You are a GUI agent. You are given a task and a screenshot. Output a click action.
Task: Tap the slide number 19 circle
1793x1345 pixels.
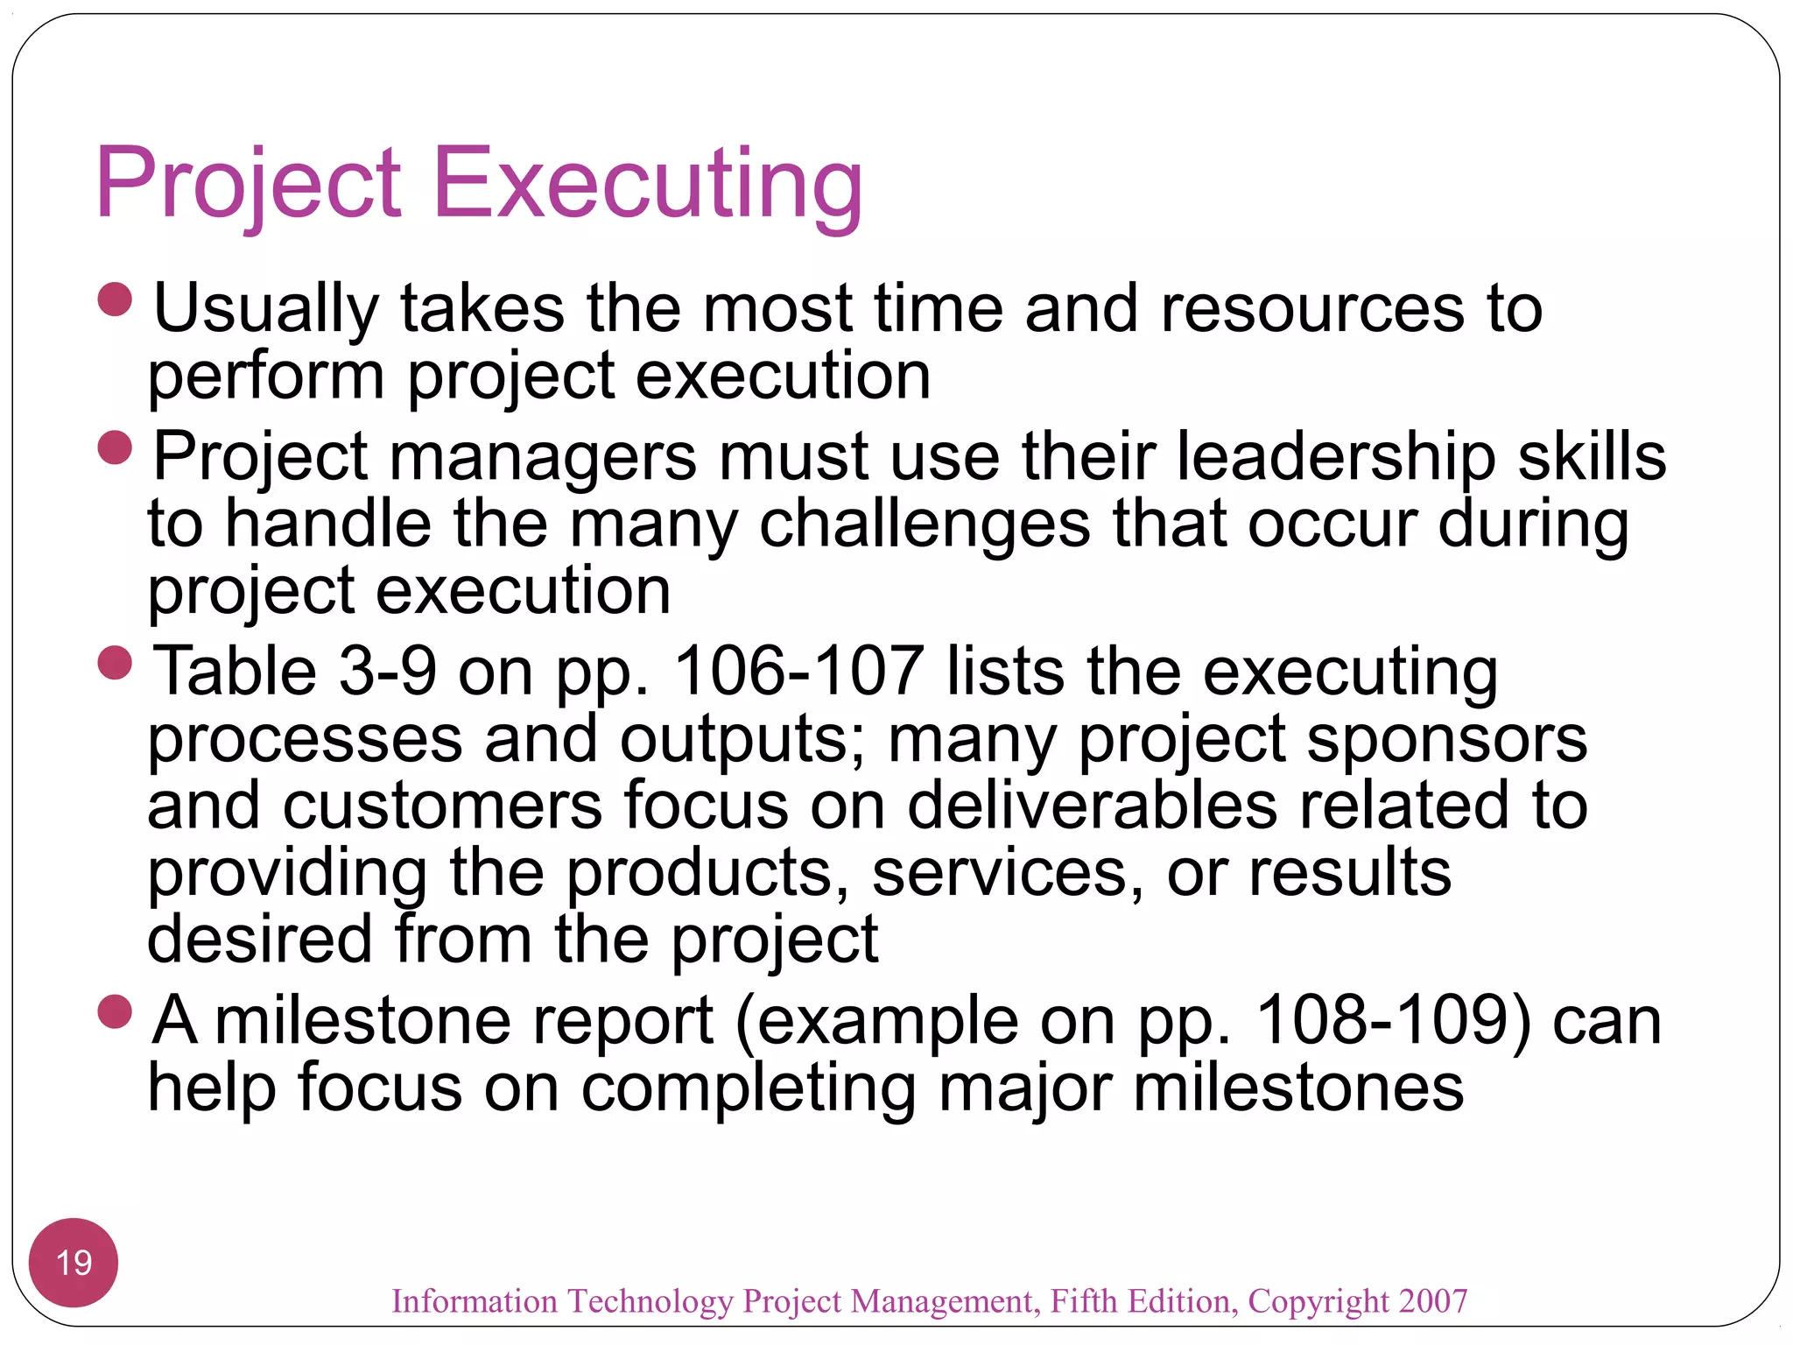[x=74, y=1262]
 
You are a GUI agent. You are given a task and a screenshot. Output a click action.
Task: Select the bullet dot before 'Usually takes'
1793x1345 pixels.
[x=115, y=299]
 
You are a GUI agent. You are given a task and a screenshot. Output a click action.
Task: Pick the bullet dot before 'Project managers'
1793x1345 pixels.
[x=115, y=447]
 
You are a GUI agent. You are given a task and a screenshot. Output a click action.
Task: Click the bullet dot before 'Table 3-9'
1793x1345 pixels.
[x=115, y=663]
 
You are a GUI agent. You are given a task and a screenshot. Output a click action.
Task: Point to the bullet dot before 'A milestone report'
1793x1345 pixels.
[x=115, y=1011]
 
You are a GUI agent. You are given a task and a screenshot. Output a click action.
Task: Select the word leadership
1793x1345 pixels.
[x=1335, y=457]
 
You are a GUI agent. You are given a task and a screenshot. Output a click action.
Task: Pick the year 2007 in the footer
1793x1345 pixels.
[x=1432, y=1301]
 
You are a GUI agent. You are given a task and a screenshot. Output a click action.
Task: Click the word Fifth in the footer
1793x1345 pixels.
[x=1084, y=1301]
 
